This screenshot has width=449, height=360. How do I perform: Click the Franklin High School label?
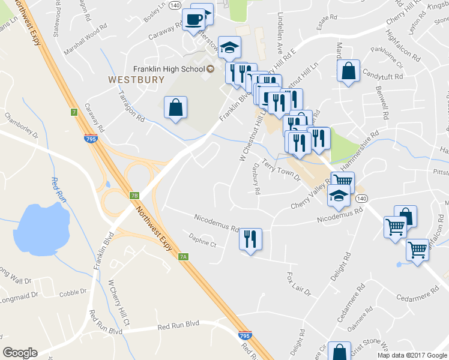pyautogui.click(x=168, y=69)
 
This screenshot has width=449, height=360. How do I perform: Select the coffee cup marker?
pyautogui.click(x=194, y=19)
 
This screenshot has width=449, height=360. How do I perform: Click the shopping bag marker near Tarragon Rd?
pyautogui.click(x=175, y=108)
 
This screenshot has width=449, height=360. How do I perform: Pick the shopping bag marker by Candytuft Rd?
pyautogui.click(x=348, y=71)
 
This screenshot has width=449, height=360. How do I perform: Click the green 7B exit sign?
pyautogui.click(x=134, y=195)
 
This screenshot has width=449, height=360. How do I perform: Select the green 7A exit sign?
pyautogui.click(x=184, y=257)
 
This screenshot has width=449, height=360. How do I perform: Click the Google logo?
pyautogui.click(x=20, y=353)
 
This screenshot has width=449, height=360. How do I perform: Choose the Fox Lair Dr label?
pyautogui.click(x=298, y=284)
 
